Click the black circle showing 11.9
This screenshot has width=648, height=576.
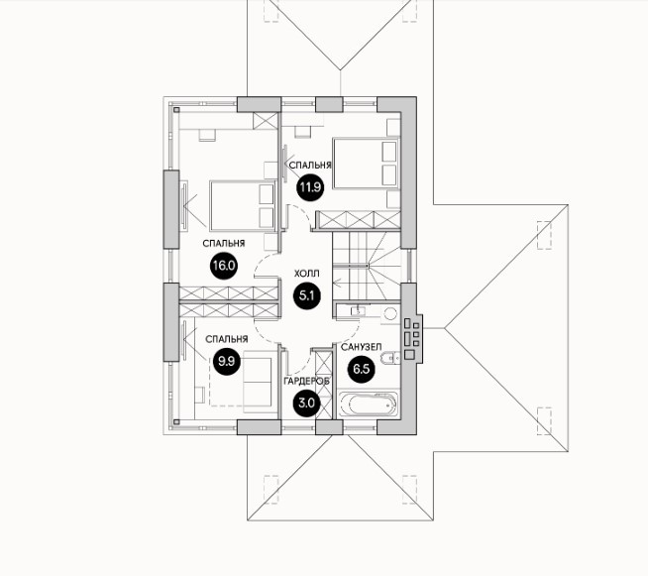[310, 185]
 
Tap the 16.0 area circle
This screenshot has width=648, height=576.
[223, 265]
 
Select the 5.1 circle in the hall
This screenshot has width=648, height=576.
[307, 293]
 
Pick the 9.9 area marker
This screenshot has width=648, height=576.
[226, 361]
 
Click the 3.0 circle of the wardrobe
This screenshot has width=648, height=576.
[305, 403]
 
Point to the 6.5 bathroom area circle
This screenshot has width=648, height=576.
[361, 371]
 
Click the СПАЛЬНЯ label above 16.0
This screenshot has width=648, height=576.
[223, 242]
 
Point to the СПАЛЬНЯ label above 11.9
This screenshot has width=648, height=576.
[309, 164]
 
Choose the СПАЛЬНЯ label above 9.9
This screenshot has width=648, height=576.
[226, 339]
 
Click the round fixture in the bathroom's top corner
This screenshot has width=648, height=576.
[389, 315]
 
